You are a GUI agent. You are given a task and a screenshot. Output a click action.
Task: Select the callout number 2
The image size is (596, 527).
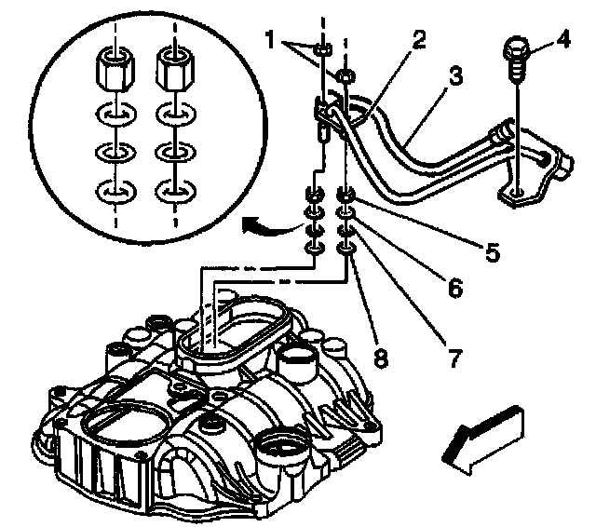tap(420, 39)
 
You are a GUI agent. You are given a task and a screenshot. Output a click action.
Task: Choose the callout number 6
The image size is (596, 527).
tap(454, 289)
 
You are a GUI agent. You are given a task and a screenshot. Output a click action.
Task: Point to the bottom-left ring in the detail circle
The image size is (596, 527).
tap(114, 193)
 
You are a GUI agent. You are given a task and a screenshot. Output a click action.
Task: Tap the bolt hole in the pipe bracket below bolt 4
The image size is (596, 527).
tap(515, 195)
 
